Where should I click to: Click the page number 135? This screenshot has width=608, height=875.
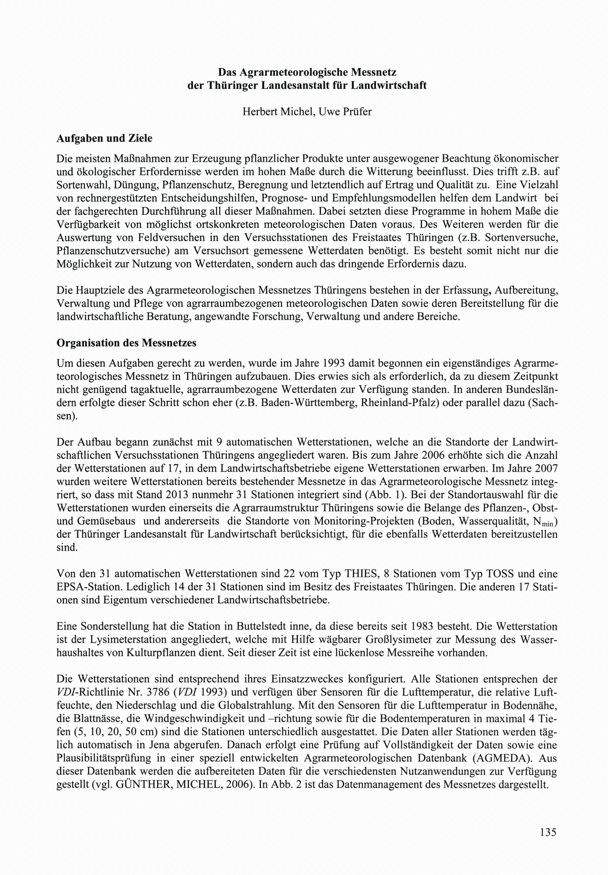pos(548,831)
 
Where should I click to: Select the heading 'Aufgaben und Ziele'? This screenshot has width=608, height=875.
pos(104,138)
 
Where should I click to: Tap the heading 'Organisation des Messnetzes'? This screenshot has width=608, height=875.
pos(126,343)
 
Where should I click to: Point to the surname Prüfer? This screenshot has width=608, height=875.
pos(356,112)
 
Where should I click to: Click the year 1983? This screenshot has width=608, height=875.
pos(430,626)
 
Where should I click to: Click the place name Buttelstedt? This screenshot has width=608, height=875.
pos(263,626)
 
